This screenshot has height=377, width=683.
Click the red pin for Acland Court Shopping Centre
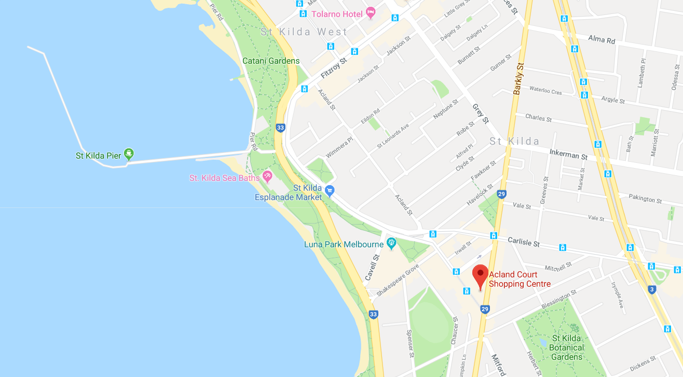(x=480, y=275)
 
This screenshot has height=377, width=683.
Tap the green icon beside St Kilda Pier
(x=129, y=153)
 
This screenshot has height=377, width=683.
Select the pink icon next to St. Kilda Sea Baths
(x=268, y=177)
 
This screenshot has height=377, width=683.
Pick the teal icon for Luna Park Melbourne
(x=391, y=242)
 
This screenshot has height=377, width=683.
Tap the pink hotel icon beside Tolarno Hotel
(x=371, y=13)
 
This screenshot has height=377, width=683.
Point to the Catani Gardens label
(x=271, y=61)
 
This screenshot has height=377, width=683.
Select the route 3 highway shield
(x=652, y=289)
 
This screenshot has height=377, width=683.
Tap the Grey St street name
(x=481, y=114)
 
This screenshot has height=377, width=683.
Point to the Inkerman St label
(x=568, y=154)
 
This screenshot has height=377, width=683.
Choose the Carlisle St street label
(x=524, y=242)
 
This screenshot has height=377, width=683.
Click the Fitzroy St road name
(x=333, y=68)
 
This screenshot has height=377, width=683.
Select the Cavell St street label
(x=373, y=268)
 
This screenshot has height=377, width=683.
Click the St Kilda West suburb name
(x=304, y=32)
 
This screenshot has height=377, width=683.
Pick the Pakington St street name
(x=645, y=199)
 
